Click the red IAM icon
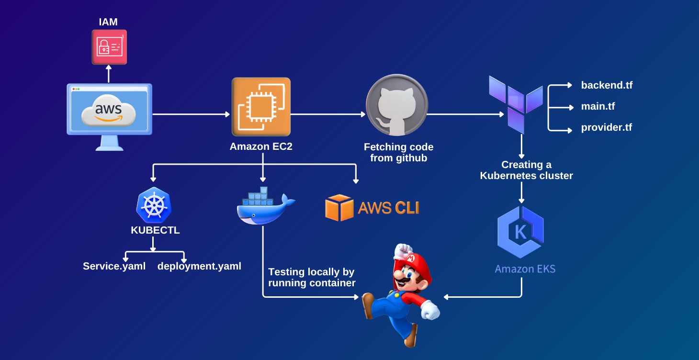coord(109,47)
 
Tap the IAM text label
coord(108,22)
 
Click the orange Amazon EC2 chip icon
coord(261,107)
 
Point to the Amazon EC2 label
coord(261,146)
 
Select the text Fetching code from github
coord(398,152)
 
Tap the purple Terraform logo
coord(516,103)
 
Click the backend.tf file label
coord(607,85)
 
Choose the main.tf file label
coord(598,106)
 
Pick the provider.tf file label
coord(607,128)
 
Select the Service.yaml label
coord(114,266)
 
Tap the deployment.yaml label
coord(199,266)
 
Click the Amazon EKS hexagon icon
coord(521,232)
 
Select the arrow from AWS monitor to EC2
coord(191,114)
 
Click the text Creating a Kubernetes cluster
coord(526,170)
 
